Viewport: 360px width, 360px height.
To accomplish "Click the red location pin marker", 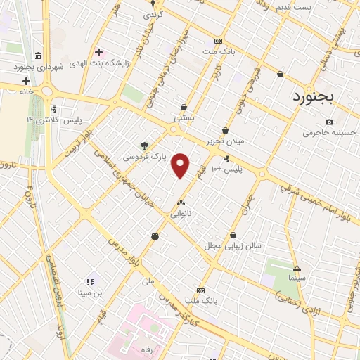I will (181, 165).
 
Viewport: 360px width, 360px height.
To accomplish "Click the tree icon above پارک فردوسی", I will (145, 146).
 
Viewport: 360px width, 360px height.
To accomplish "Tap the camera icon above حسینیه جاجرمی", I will (329, 122).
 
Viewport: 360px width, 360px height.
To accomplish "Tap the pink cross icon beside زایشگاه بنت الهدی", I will (99, 52).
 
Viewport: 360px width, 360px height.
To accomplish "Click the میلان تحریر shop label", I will (224, 141).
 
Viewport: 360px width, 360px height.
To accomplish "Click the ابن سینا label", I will (89, 292).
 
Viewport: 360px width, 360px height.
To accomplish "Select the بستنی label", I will (184, 119).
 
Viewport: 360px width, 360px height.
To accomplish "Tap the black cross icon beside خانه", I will (26, 81).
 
